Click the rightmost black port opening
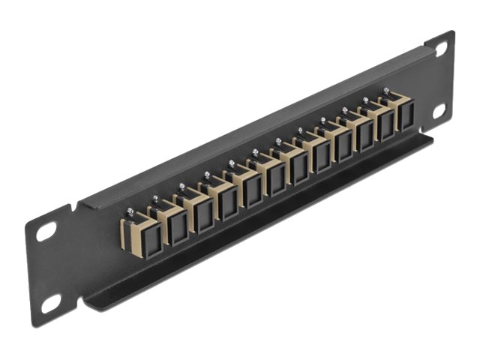[406, 116]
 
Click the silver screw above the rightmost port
[387, 90]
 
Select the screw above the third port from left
[182, 186]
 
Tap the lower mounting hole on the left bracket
[51, 303]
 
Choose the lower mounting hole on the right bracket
[439, 109]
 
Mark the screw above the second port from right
[366, 99]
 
